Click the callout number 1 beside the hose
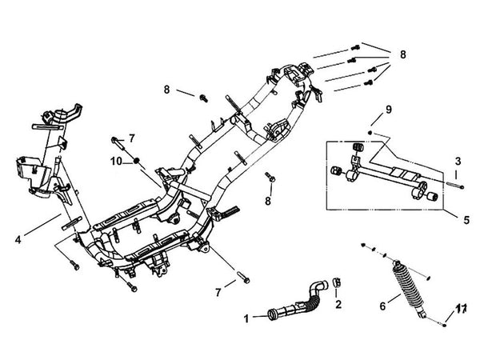tap(247, 318)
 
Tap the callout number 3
tap(459, 160)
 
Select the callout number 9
tap(388, 109)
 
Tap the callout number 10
tap(116, 162)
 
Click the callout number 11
tap(461, 308)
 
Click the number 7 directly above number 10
tap(132, 138)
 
